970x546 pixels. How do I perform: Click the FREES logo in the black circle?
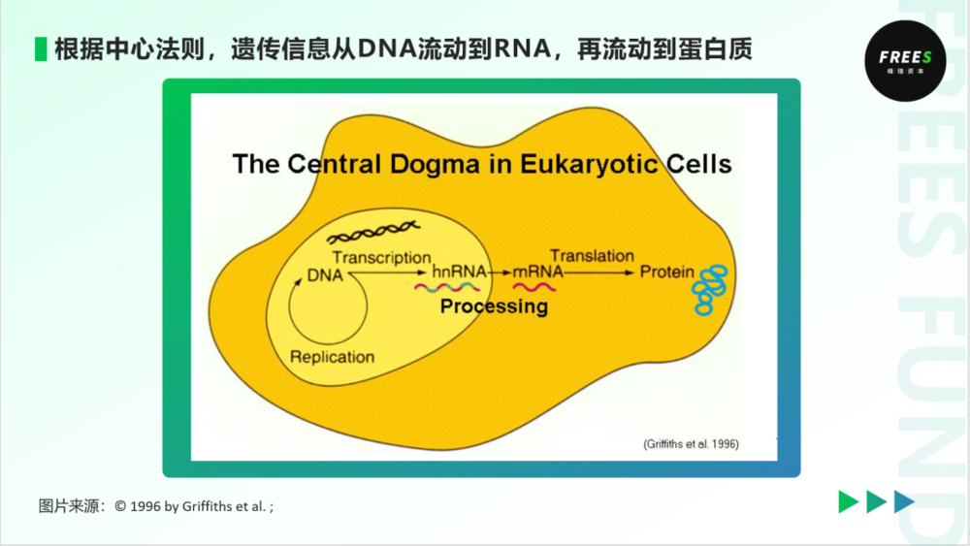[x=905, y=60]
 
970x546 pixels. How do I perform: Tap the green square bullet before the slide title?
[x=41, y=48]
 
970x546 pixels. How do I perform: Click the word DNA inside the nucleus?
[x=325, y=275]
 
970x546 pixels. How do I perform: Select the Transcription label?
[x=381, y=257]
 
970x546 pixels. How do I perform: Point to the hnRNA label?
[x=459, y=272]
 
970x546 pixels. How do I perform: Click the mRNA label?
[x=537, y=272]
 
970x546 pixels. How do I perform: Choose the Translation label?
[x=592, y=255]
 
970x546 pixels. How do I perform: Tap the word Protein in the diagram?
[x=667, y=272]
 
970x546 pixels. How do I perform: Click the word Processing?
[x=494, y=306]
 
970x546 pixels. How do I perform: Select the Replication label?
[x=332, y=357]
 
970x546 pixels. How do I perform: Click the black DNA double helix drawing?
[x=373, y=232]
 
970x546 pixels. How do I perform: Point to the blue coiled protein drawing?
[x=710, y=290]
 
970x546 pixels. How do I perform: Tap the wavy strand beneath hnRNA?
[x=446, y=287]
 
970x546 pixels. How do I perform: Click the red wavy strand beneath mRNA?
[x=533, y=287]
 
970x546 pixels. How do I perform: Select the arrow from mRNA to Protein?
[x=598, y=273]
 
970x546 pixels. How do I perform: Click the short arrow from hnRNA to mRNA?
[x=500, y=273]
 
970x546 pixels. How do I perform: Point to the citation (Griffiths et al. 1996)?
[x=691, y=444]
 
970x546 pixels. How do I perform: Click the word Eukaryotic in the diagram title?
[x=589, y=165]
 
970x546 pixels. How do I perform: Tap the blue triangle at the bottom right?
[x=904, y=501]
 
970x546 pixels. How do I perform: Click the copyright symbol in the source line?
[x=120, y=506]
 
